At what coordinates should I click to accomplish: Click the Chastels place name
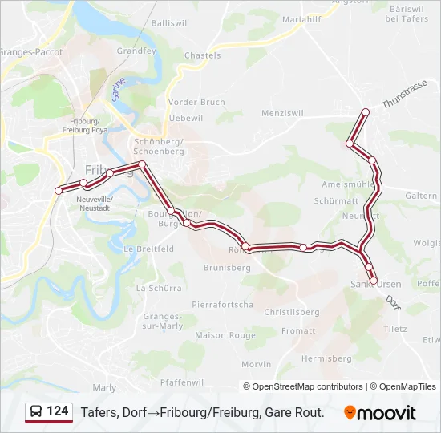tap(202, 55)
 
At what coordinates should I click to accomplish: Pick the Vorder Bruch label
tap(196, 103)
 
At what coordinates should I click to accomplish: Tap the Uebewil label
tap(186, 118)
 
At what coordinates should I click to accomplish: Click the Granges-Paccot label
tap(31, 51)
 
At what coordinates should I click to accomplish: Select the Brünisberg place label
tap(228, 267)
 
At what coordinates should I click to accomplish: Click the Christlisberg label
tap(292, 312)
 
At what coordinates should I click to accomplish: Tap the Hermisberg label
tap(327, 358)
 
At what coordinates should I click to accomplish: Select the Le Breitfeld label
tap(148, 249)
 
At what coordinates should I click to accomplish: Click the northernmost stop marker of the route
tap(366, 111)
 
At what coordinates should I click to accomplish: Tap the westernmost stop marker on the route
tap(58, 190)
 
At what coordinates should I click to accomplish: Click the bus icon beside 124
tap(36, 412)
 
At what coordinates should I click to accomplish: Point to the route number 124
tap(58, 411)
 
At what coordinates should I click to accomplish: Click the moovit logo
tap(380, 413)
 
